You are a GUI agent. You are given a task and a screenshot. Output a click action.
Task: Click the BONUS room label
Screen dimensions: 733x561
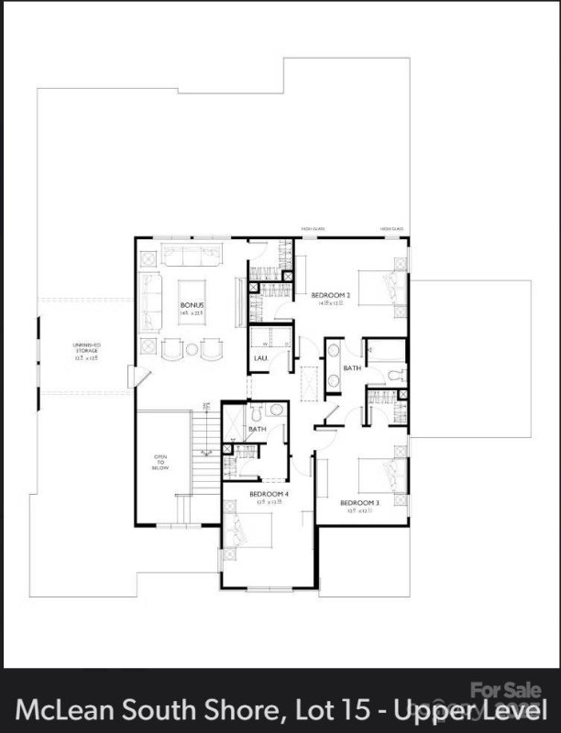click(192, 305)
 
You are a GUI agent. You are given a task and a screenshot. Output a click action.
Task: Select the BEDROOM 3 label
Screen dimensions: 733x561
click(358, 503)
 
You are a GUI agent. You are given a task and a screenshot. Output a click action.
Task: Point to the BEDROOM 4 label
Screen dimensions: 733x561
click(269, 494)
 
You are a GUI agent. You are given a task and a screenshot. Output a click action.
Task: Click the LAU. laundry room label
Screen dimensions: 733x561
click(260, 358)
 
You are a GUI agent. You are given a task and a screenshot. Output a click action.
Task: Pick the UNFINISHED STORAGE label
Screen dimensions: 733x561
click(86, 348)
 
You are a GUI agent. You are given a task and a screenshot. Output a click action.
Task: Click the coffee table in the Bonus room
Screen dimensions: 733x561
click(192, 298)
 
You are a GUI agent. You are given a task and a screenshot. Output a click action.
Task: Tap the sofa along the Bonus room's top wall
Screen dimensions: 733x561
click(192, 253)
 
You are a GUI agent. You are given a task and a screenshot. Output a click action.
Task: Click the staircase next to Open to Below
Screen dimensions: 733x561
click(207, 449)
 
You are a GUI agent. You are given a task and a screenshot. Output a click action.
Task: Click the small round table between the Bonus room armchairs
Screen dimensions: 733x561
click(192, 349)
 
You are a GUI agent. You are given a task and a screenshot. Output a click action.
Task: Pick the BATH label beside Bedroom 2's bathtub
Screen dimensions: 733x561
click(352, 368)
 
